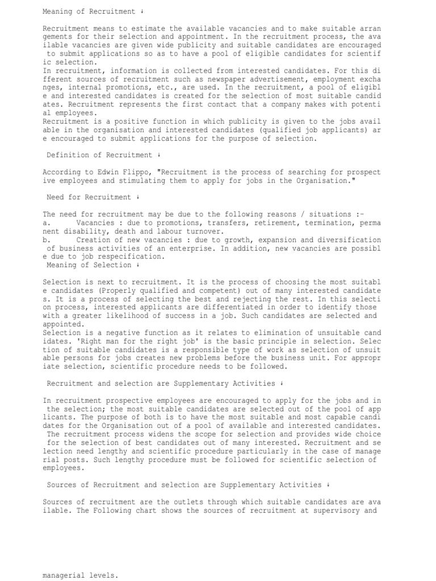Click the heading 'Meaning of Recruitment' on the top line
(x=85, y=11)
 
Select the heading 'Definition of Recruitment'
(x=99, y=155)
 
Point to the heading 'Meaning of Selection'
(x=89, y=266)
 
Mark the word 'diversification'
(x=352, y=240)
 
